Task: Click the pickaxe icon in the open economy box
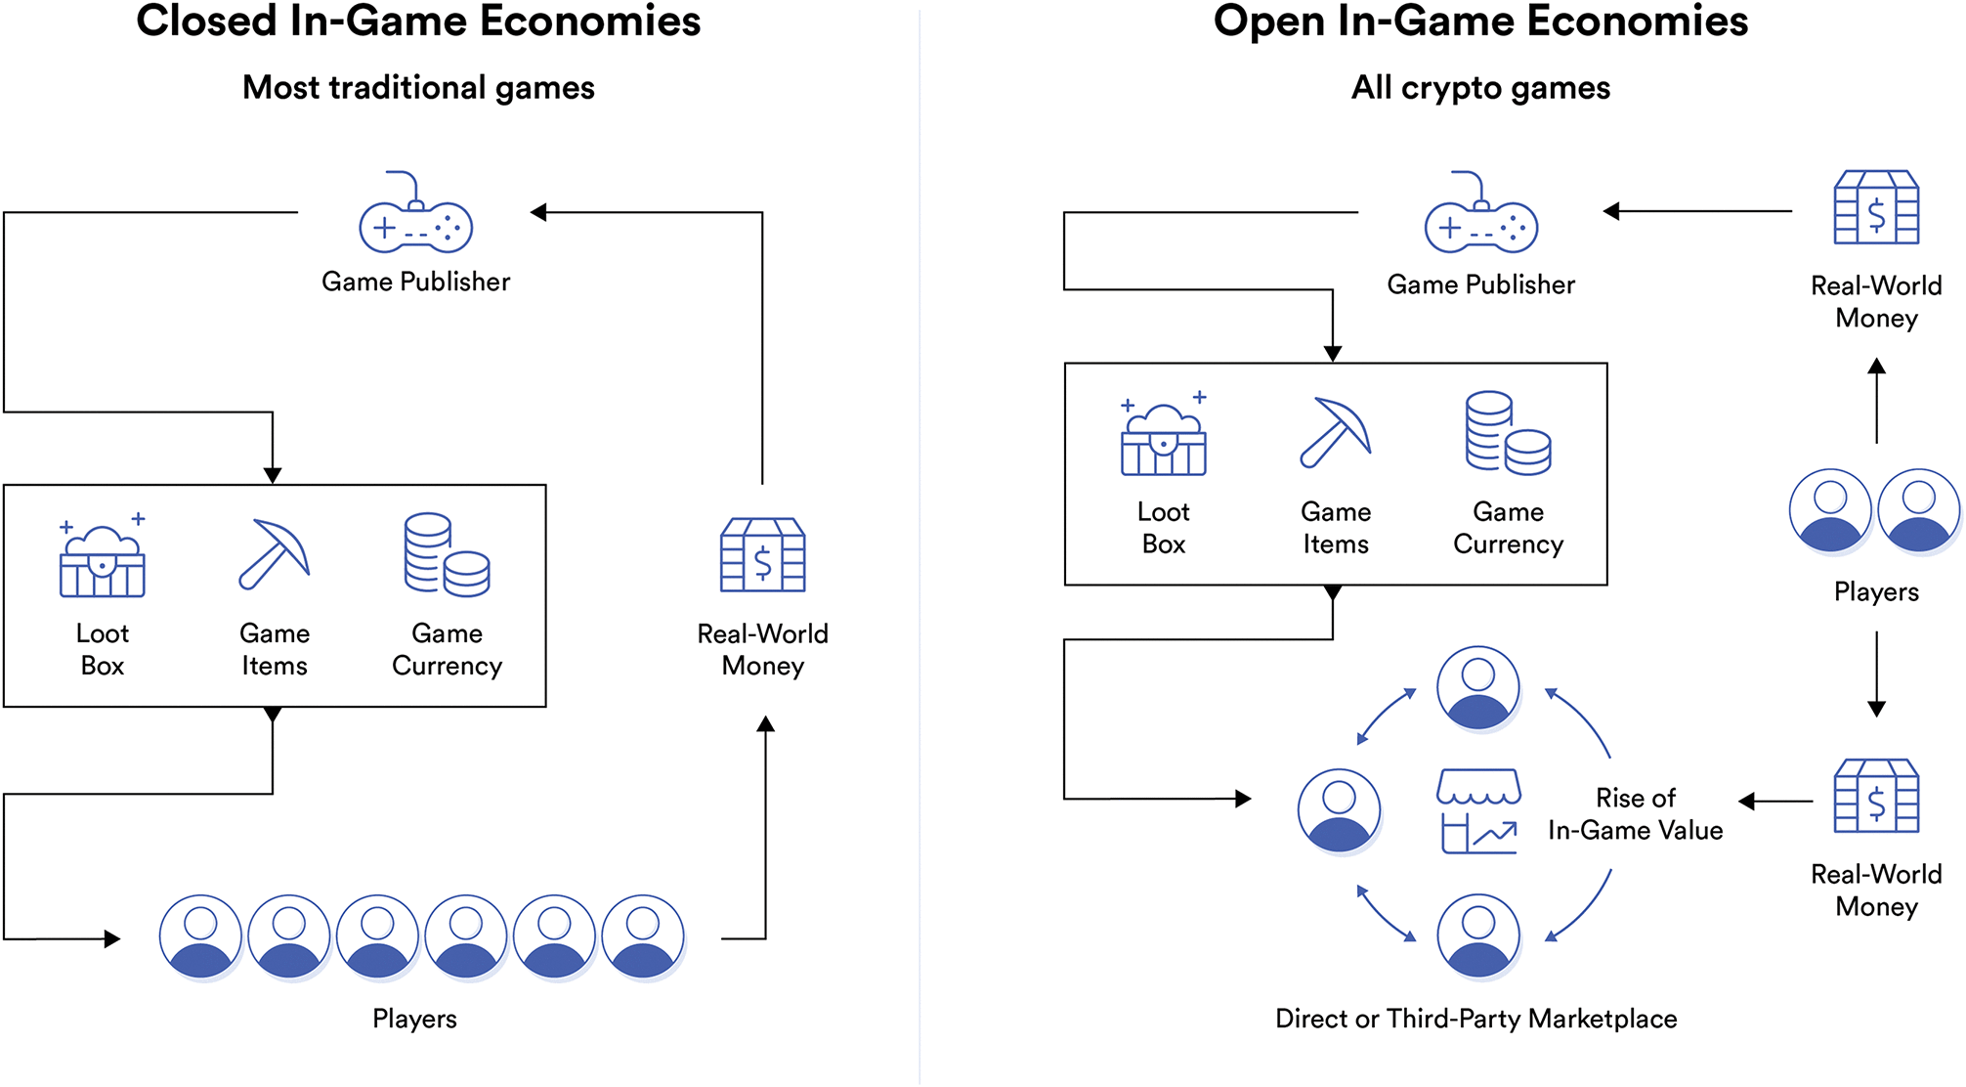[x=1336, y=433]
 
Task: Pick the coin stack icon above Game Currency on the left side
[x=447, y=554]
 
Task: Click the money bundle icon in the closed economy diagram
[x=762, y=554]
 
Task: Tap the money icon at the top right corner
[x=1876, y=207]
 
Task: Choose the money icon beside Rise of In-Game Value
[x=1876, y=796]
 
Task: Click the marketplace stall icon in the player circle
[x=1478, y=811]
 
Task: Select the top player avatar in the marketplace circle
[x=1477, y=687]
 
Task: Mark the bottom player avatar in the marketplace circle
[x=1477, y=935]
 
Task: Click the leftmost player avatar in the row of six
[x=200, y=936]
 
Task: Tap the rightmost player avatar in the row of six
[x=642, y=936]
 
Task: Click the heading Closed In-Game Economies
[x=418, y=22]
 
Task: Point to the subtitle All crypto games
[x=1480, y=88]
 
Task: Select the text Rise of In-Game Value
[x=1635, y=814]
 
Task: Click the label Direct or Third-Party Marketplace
[x=1475, y=1019]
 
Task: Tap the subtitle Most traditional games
[x=418, y=88]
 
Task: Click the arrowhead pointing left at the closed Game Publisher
[x=538, y=212]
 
